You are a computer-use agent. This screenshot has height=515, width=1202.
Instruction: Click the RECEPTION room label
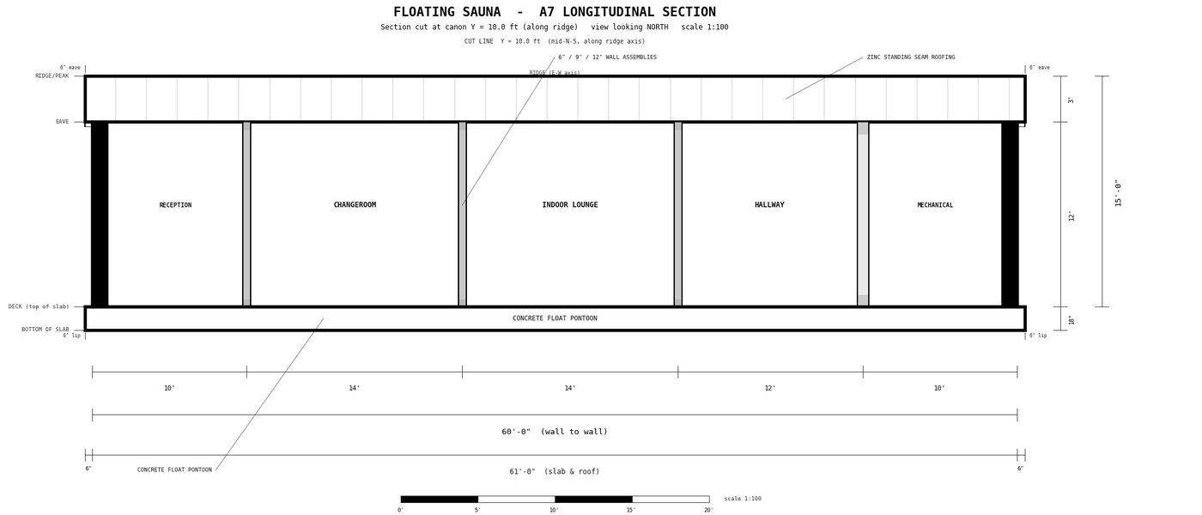175,205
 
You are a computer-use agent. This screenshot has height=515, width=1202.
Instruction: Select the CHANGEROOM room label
355,204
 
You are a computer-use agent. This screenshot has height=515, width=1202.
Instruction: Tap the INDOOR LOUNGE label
570,204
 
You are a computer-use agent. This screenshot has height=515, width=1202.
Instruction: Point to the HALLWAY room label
769,204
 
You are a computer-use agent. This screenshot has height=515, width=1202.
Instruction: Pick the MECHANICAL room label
935,205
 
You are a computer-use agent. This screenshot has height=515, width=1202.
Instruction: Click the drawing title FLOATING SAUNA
447,12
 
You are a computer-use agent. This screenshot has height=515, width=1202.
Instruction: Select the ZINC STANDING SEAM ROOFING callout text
911,57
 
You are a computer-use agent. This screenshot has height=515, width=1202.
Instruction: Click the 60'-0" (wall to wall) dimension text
555,431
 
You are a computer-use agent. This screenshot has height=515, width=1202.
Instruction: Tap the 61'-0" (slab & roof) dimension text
555,471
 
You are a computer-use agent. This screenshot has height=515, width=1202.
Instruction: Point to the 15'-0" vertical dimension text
1118,192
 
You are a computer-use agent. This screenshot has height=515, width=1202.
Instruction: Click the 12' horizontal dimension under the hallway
770,388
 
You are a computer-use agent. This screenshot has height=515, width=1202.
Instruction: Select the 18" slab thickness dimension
1071,319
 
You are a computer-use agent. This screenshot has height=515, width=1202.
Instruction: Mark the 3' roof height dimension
1071,100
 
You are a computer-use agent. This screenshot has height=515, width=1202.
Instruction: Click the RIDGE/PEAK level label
52,76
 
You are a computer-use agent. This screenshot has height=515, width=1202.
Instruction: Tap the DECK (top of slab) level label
39,306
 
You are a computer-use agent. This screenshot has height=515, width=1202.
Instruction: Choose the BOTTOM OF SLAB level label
45,330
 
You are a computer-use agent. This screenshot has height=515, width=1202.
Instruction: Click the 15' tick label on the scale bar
631,510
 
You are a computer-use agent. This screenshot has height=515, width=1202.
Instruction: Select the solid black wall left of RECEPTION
100,215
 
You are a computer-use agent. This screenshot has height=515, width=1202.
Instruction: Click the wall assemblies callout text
608,57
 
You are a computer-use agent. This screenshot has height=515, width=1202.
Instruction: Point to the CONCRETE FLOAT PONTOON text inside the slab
555,318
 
